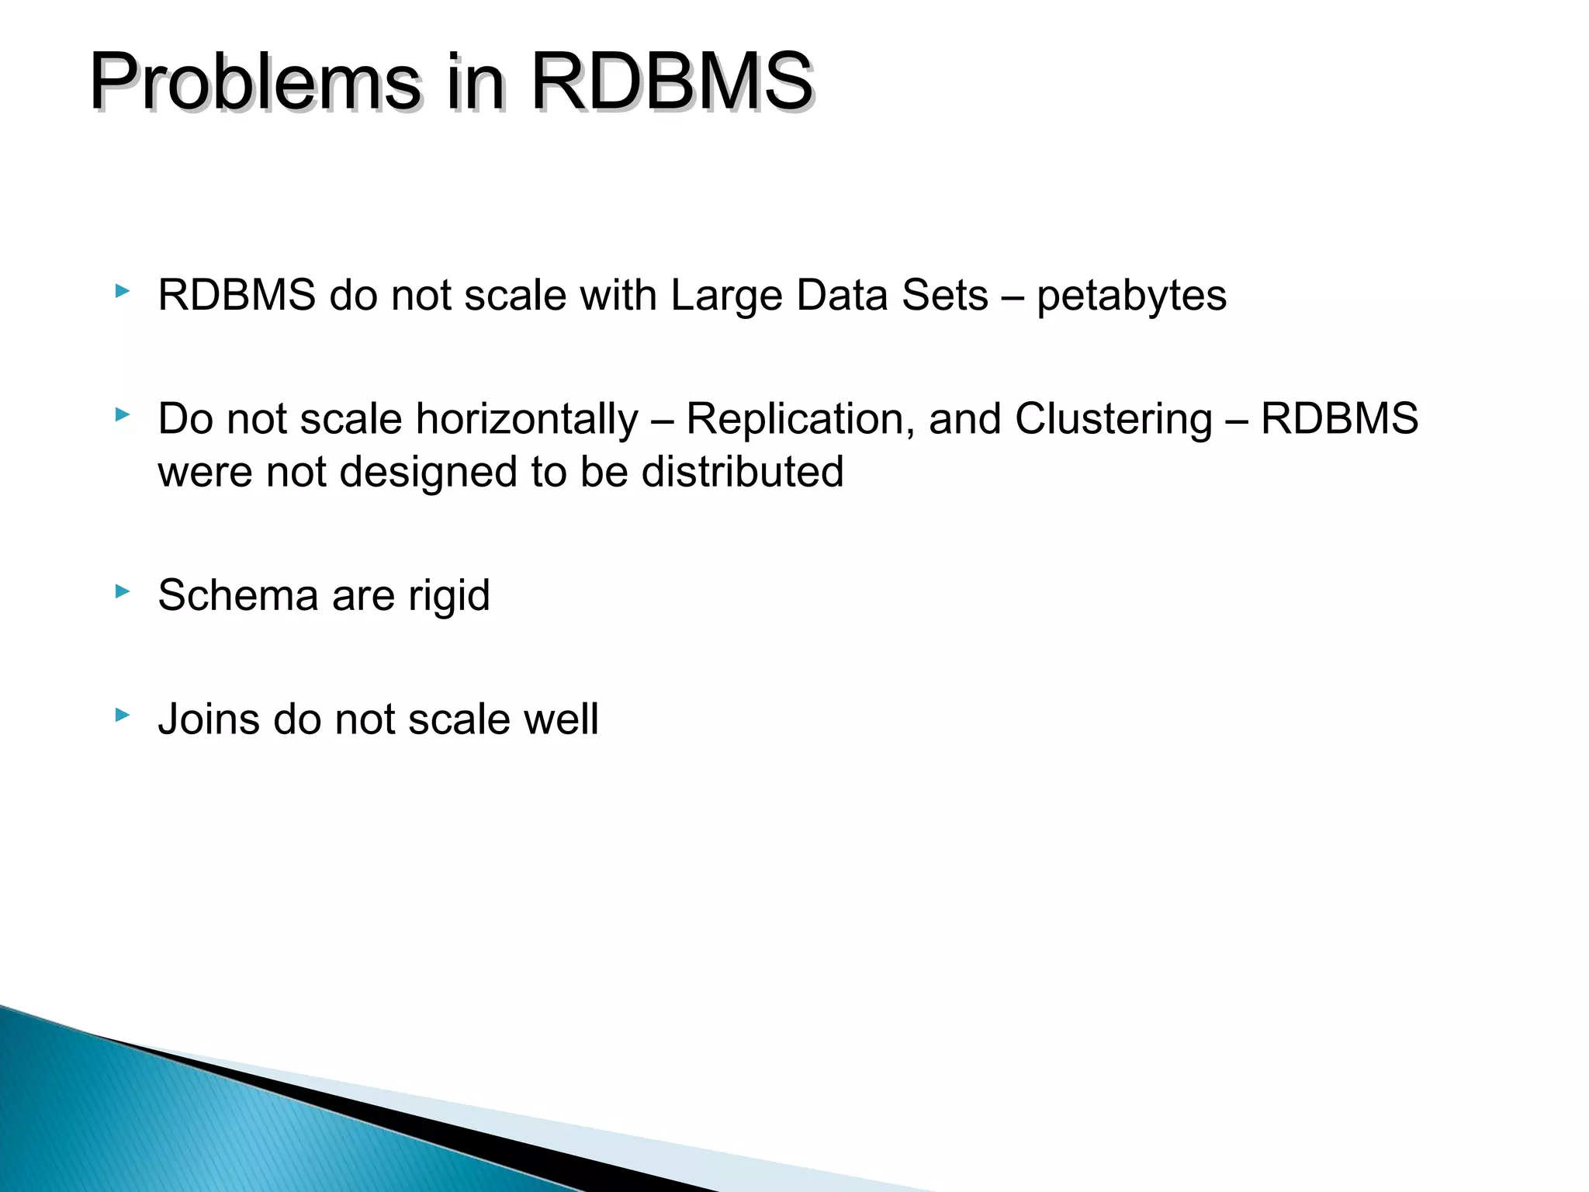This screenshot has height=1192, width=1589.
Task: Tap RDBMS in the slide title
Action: pos(671,81)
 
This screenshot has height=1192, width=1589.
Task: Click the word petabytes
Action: pos(1131,296)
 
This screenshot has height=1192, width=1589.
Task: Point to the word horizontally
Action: pos(527,420)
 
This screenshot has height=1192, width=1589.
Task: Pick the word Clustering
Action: pos(1113,420)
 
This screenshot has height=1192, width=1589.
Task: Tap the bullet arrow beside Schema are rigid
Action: pos(122,591)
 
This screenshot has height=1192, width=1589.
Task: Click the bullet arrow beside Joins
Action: pos(122,715)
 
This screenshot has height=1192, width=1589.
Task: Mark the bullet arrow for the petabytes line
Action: pos(122,291)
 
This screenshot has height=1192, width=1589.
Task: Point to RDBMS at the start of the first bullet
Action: pos(237,296)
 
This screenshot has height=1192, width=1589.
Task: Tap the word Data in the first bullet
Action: pos(842,296)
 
